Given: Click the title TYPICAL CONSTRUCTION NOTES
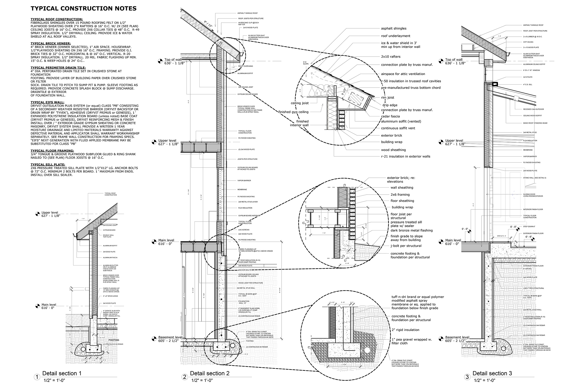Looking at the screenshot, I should [x=83, y=9].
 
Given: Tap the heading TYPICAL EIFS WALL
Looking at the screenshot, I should [x=47, y=102].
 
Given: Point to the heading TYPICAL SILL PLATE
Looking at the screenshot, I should [x=48, y=164].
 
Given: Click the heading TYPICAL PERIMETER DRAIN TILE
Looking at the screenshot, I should [x=58, y=68].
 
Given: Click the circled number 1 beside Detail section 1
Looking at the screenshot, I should [x=37, y=377].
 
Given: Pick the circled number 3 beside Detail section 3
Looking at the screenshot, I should [x=467, y=377].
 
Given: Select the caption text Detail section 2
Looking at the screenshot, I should [x=210, y=373].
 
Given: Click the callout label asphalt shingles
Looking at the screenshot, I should [x=394, y=29].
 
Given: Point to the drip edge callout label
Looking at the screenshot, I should [x=390, y=105].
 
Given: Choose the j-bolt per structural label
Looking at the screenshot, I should [x=406, y=246].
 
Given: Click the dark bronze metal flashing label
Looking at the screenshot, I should [x=412, y=230].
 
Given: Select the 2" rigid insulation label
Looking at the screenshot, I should [x=405, y=330].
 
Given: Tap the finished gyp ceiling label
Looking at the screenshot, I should [x=293, y=112].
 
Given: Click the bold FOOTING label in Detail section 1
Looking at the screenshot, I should [x=114, y=340].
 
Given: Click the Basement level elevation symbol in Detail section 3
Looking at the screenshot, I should [x=441, y=339].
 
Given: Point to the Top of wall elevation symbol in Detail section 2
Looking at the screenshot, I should [x=160, y=61].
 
